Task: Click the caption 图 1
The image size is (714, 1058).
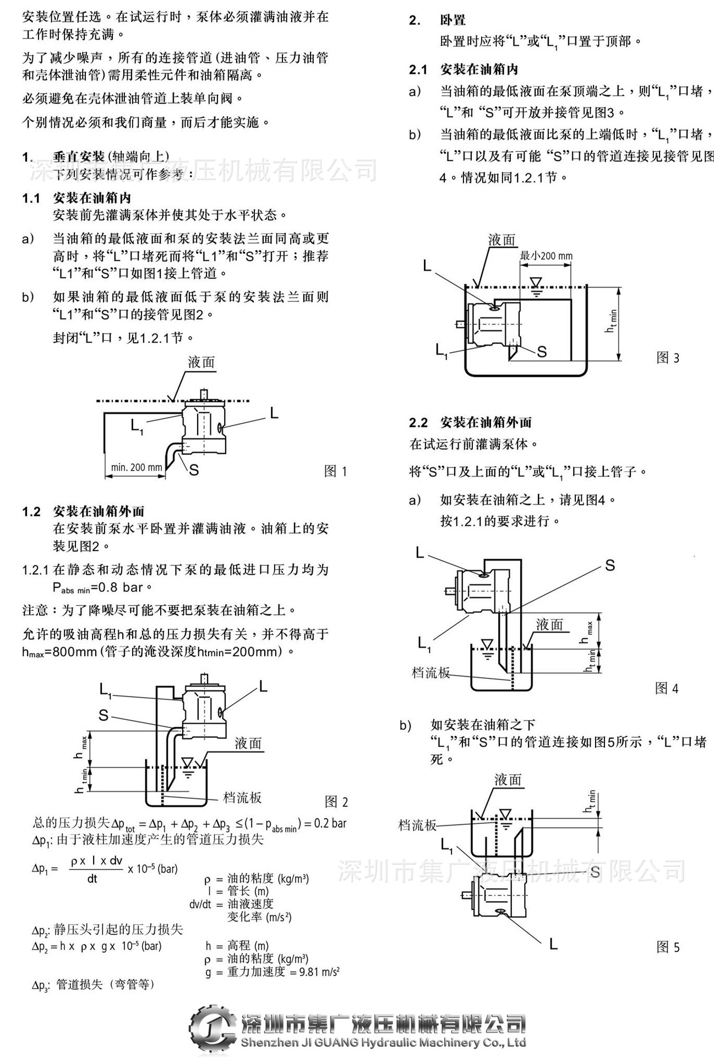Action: click(335, 471)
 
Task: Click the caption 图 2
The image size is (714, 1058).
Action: click(336, 802)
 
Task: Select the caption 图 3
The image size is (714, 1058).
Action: click(668, 358)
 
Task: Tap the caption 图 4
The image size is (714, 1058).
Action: click(667, 688)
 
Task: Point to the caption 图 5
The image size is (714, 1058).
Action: click(668, 947)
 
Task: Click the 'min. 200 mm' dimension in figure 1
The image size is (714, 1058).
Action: click(137, 467)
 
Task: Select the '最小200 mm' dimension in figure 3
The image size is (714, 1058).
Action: click(546, 256)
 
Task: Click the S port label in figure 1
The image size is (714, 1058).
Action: click(194, 470)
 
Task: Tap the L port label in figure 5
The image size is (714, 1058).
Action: click(553, 944)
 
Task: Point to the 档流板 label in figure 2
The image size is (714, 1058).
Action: click(242, 797)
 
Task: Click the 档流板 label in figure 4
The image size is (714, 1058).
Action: click(431, 672)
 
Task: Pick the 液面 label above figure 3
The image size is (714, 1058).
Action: click(502, 240)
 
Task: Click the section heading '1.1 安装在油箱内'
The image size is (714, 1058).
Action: click(77, 198)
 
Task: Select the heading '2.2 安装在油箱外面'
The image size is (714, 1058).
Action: click(471, 423)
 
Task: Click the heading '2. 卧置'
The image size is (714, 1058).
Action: click(438, 20)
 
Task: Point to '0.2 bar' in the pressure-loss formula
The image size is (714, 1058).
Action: click(330, 823)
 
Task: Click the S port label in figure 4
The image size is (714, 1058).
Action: click(609, 565)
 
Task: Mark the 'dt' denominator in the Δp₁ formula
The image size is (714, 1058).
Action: click(92, 879)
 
